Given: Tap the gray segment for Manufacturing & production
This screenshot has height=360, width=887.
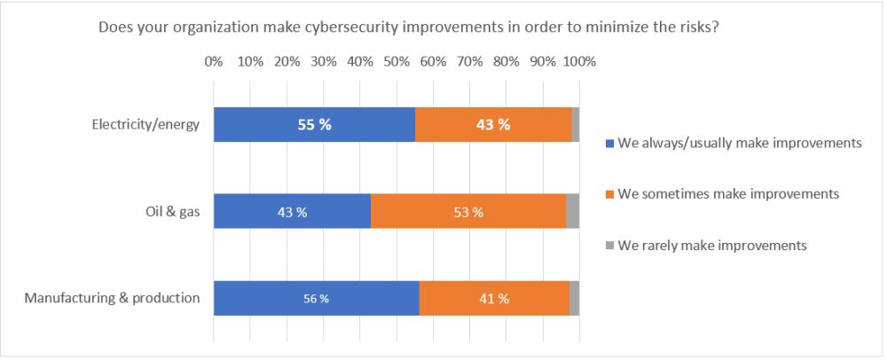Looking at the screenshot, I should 575,298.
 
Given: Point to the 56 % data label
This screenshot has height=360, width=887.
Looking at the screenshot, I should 317,299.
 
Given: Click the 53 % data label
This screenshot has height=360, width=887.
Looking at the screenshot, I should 468,212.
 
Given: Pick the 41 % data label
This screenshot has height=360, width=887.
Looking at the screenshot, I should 494,299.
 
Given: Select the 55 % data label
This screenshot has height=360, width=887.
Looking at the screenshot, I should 314,125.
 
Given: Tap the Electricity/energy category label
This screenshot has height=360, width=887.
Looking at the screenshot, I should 145,124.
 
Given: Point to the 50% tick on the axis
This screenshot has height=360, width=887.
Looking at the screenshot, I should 396,62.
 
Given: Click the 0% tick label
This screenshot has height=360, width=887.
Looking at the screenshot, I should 214,62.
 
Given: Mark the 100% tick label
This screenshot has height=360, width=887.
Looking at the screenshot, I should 579,62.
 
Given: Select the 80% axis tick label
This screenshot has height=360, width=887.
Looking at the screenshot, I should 506,62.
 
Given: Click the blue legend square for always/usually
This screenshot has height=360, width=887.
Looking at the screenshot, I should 608,144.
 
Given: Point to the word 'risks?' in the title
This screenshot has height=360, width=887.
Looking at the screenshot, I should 697,27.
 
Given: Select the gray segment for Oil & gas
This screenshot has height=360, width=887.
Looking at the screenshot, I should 573,211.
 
